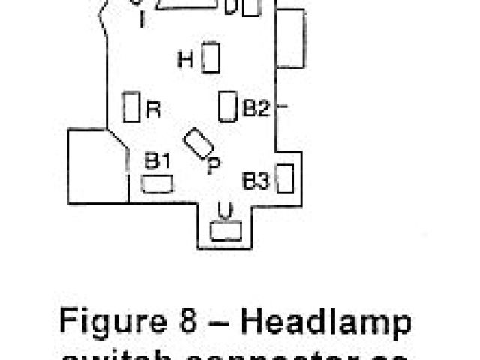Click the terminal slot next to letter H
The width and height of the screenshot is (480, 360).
(211, 58)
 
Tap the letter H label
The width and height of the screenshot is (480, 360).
(185, 59)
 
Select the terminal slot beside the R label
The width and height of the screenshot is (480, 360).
(132, 106)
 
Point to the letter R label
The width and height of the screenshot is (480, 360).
(153, 110)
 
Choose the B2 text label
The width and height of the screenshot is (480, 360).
(255, 109)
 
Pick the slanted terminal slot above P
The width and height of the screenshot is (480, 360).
(197, 142)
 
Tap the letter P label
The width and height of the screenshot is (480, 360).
(214, 166)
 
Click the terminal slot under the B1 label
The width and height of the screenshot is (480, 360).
(157, 183)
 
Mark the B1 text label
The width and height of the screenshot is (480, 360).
(157, 160)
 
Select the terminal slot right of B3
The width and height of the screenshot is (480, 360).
(284, 178)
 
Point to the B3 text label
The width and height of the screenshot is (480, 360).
(256, 181)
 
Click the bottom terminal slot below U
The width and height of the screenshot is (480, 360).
(225, 232)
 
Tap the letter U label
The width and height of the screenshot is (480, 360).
(224, 210)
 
